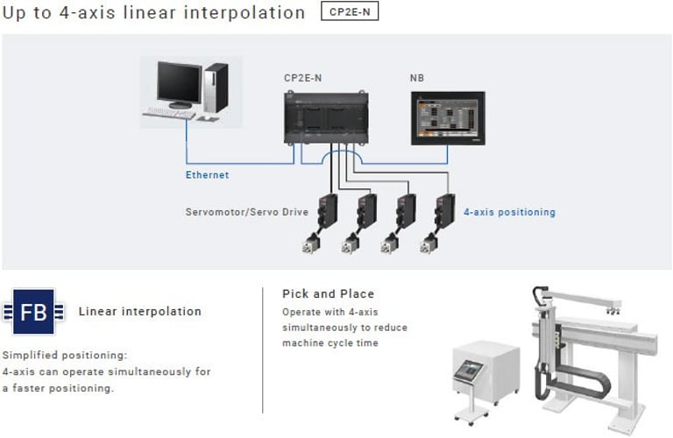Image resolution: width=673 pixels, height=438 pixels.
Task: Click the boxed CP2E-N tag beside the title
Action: pyautogui.click(x=350, y=11)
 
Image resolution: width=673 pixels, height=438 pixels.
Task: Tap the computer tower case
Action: pyautogui.click(x=216, y=88)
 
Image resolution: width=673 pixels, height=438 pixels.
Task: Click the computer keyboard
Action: pyautogui.click(x=168, y=114)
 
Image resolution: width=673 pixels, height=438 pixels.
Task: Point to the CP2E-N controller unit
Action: pyautogui.click(x=326, y=117)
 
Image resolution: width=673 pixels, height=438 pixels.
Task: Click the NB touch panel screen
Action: pyautogui.click(x=448, y=118)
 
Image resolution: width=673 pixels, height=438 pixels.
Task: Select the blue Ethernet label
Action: pyautogui.click(x=208, y=175)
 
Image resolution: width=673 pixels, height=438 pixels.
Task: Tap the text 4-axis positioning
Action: pyautogui.click(x=509, y=212)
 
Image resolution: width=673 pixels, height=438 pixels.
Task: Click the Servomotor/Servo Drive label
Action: pyautogui.click(x=247, y=212)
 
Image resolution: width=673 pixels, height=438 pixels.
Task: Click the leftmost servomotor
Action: pyautogui.click(x=311, y=244)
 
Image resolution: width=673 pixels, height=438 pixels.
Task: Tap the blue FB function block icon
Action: pyautogui.click(x=33, y=312)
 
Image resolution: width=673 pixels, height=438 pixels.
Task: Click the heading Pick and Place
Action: pyautogui.click(x=329, y=293)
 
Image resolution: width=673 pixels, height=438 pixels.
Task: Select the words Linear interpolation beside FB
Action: pyautogui.click(x=140, y=312)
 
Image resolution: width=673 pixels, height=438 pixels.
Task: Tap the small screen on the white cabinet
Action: pyautogui.click(x=469, y=371)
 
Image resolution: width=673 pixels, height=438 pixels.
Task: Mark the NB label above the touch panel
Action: pyautogui.click(x=417, y=78)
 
